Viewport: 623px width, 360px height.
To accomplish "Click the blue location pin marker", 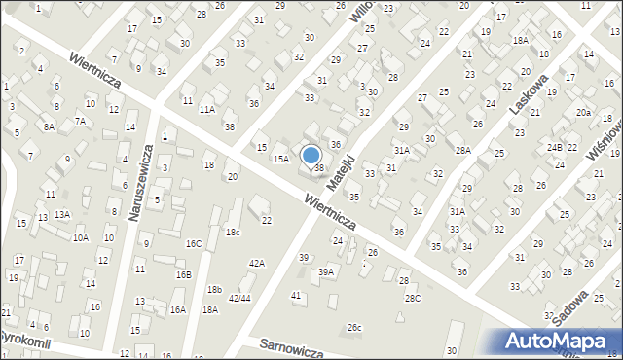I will click(311, 157).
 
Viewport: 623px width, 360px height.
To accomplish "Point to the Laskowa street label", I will click(530, 91).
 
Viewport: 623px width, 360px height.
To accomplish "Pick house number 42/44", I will click(239, 298).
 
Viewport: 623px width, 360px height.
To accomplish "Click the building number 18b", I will click(214, 290).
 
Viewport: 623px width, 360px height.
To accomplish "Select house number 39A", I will click(326, 272).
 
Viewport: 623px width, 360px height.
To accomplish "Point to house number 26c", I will click(354, 328).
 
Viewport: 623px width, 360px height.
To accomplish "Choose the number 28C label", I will click(413, 298).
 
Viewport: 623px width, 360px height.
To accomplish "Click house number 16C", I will click(194, 243).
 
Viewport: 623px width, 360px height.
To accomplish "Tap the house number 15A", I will click(280, 159).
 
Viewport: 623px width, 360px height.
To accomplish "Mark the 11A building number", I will click(207, 110).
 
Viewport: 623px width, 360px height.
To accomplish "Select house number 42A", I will click(257, 263).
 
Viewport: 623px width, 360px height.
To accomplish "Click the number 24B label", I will click(554, 147).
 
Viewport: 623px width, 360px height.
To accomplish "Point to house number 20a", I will click(583, 114).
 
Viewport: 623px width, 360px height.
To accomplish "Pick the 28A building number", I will click(462, 150).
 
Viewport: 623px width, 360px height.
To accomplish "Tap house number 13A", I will click(62, 214).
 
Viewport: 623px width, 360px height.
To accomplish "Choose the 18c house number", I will click(233, 232).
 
